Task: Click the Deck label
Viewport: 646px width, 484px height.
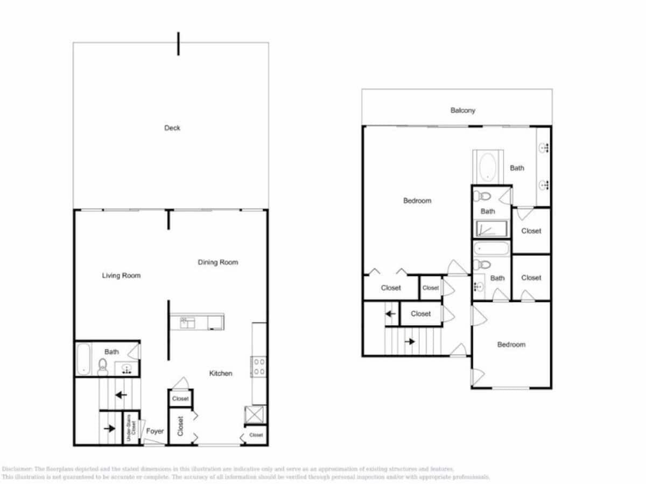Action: point(172,128)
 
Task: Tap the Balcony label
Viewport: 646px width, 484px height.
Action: point(462,110)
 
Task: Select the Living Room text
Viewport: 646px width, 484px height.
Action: point(121,275)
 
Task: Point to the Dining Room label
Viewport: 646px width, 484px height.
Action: point(218,262)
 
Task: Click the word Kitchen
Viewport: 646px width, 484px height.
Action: point(221,373)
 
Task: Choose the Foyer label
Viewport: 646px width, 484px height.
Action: point(155,431)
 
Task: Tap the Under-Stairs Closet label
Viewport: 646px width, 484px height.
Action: point(131,428)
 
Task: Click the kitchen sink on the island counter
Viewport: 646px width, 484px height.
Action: point(188,323)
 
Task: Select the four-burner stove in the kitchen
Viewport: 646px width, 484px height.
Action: point(259,367)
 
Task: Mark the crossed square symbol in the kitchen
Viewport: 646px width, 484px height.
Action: point(252,414)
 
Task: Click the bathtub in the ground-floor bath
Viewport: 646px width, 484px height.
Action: point(83,358)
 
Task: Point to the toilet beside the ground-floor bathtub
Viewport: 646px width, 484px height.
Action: point(103,367)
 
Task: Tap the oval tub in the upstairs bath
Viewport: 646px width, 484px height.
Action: point(488,167)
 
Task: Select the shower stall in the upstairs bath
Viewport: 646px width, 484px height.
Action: point(491,229)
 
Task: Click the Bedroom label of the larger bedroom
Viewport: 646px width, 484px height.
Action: point(417,200)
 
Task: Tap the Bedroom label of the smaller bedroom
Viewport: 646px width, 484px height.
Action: point(511,344)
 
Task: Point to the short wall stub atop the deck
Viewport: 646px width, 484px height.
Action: point(178,44)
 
